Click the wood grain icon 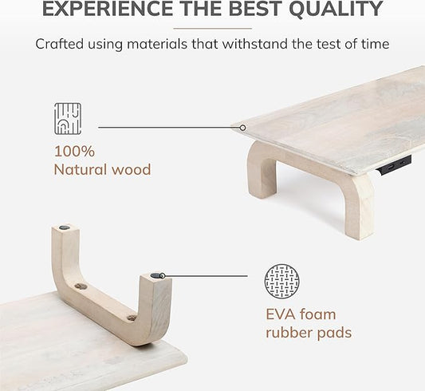point(68,119)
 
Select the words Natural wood point(102,168)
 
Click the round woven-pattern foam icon point(281,281)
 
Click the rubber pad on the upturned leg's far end point(64,229)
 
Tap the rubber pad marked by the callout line point(155,276)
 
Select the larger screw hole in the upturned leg point(80,286)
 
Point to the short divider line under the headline point(211,28)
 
